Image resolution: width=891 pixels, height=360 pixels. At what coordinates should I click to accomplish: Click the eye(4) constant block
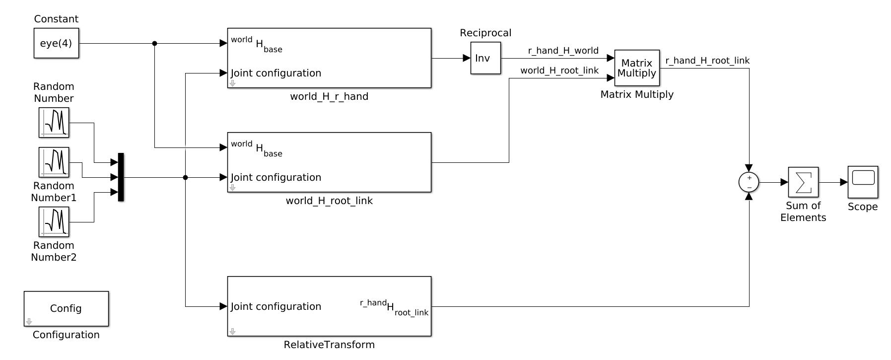coord(56,43)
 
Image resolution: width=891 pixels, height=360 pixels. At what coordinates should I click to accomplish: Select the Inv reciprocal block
coord(485,58)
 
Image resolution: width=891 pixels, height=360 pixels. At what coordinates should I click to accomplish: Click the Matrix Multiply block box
coord(637,68)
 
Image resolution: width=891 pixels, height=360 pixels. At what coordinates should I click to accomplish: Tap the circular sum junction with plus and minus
coord(749,182)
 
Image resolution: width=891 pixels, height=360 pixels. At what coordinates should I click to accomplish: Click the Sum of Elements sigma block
coord(803,182)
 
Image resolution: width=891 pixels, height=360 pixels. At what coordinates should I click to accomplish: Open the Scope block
coord(863,182)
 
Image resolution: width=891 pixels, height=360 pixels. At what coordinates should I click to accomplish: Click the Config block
coord(66,308)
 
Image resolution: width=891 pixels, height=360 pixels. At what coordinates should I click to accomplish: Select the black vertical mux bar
coord(121,177)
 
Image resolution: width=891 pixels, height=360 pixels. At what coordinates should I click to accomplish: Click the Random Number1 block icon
coord(54,162)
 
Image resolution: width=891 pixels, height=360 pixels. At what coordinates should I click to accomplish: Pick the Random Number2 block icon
coord(54,222)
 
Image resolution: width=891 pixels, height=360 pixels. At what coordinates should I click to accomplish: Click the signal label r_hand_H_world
coord(563,51)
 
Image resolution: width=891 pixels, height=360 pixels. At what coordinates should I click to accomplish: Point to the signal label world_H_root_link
coord(559,71)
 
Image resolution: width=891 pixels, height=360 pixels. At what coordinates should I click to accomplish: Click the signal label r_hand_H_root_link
coord(707,61)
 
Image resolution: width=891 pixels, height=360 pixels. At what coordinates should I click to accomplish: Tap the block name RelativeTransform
coord(329,345)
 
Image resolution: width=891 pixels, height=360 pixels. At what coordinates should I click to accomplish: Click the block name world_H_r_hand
coord(329,96)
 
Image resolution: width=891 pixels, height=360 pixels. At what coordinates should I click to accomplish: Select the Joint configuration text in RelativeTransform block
coord(276,306)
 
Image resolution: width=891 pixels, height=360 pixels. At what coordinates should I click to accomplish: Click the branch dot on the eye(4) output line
coord(154,43)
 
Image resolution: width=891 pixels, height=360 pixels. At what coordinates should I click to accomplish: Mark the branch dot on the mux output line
coord(185,177)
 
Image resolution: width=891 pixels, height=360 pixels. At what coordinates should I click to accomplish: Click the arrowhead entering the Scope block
coord(844,182)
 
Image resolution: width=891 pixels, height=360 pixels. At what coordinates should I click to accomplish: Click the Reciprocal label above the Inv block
coord(485,33)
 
